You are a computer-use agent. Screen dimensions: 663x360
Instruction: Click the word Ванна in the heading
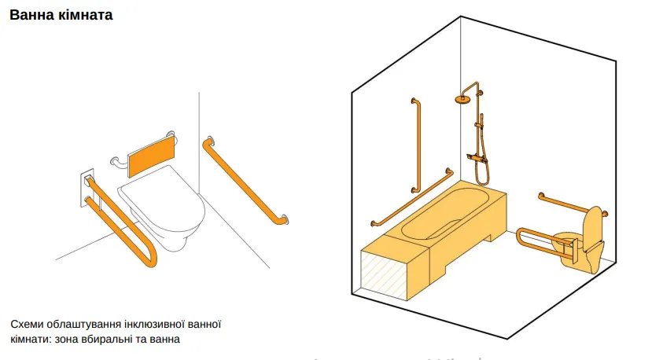[x=32, y=15]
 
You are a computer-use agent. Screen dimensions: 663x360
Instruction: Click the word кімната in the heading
[x=86, y=15]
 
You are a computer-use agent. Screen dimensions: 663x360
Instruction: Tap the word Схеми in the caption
[x=27, y=324]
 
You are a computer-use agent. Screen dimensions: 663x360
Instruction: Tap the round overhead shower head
[x=463, y=99]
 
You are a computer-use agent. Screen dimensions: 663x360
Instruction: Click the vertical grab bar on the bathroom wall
[x=417, y=145]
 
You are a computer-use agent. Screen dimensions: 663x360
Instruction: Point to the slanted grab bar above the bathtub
[x=412, y=197]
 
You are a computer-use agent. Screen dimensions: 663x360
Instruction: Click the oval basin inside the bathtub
[x=443, y=212]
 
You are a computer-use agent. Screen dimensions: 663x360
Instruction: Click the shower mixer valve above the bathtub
[x=477, y=158]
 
